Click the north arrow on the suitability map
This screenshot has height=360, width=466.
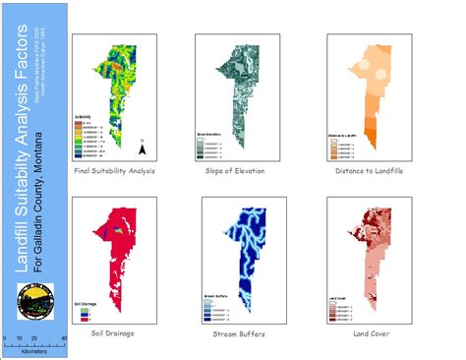click(x=143, y=150)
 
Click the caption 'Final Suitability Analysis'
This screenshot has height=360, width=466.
click(x=116, y=170)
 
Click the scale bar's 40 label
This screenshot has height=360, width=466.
click(x=64, y=338)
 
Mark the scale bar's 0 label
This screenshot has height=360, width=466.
click(x=5, y=338)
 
